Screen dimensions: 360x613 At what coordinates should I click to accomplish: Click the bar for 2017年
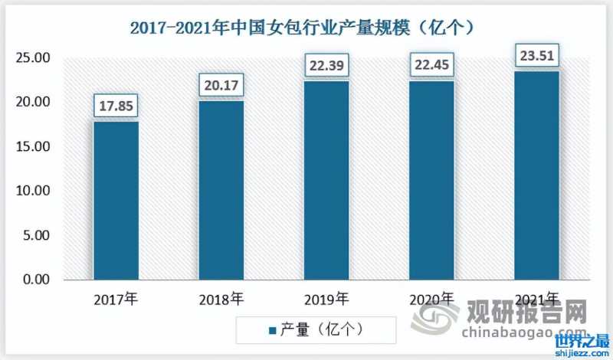pyautogui.click(x=116, y=201)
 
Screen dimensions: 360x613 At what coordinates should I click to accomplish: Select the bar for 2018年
pyautogui.click(x=221, y=191)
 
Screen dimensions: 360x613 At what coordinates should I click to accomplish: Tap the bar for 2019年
pyautogui.click(x=327, y=181)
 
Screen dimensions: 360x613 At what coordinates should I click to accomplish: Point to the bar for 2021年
pyautogui.click(x=536, y=176)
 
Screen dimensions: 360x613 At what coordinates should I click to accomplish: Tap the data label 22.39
pyautogui.click(x=327, y=66)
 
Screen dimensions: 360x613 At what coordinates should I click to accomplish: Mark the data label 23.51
pyautogui.click(x=536, y=55)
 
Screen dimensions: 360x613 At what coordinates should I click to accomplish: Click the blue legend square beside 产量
pyautogui.click(x=272, y=330)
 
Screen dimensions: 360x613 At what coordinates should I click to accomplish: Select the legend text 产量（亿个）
pyautogui.click(x=322, y=330)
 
